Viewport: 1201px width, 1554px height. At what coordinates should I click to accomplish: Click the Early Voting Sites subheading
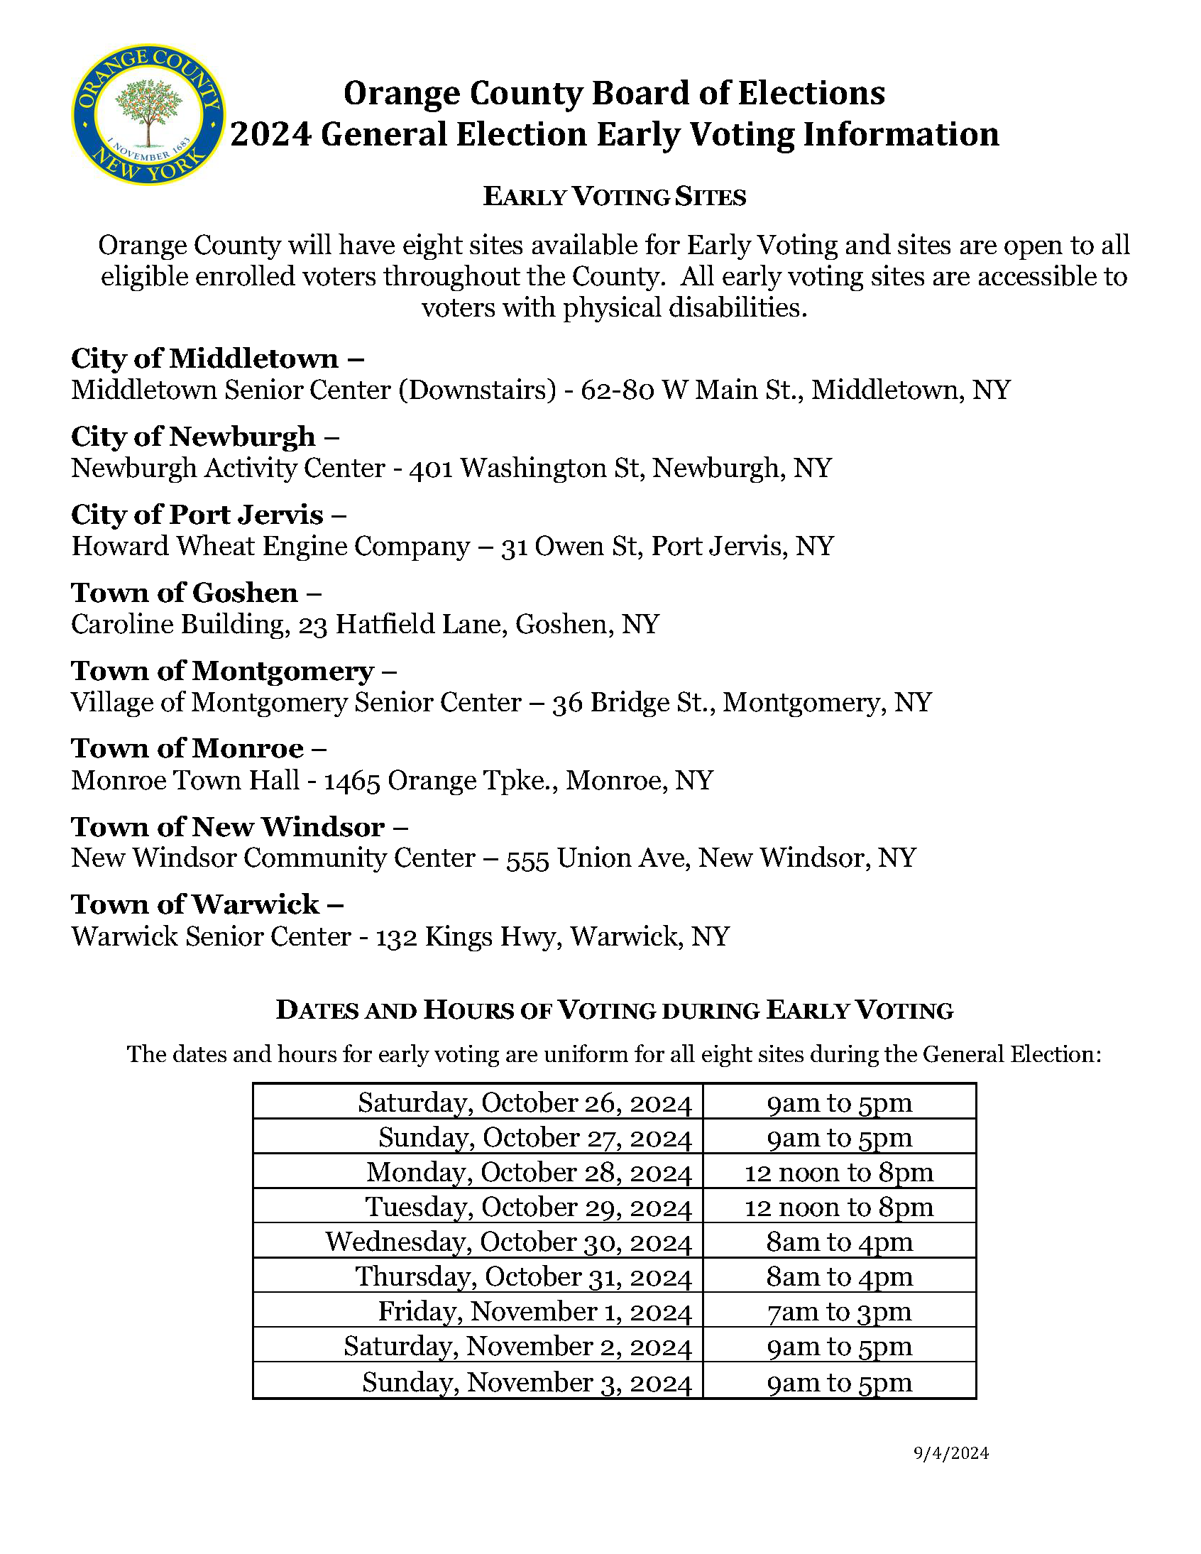pos(614,197)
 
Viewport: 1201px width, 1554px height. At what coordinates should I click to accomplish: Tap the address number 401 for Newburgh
pos(431,469)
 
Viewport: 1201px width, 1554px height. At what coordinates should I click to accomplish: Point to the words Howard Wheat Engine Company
pos(270,547)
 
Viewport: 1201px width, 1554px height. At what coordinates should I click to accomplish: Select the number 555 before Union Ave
pos(527,858)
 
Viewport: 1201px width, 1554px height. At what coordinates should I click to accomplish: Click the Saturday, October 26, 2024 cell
pos(525,1103)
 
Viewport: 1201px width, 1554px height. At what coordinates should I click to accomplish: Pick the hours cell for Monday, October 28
pos(839,1173)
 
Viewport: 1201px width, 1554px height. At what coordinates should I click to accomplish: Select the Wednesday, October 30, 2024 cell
pos(509,1242)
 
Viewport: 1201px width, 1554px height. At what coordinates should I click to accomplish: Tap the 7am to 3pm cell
pos(839,1311)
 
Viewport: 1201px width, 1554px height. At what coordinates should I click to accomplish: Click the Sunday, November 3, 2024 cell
pos(527,1381)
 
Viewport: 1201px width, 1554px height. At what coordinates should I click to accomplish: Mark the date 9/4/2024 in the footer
pos(951,1453)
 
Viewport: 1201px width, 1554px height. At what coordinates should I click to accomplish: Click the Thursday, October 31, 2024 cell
pos(524,1277)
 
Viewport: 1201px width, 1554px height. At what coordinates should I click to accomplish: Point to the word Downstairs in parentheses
pos(477,390)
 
